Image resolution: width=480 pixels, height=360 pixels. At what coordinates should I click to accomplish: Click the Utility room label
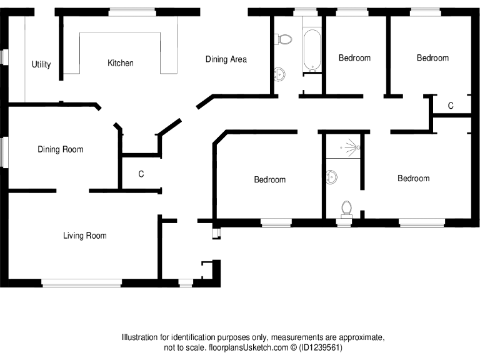click(x=41, y=64)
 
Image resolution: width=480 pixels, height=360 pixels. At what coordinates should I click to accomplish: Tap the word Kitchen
click(x=120, y=63)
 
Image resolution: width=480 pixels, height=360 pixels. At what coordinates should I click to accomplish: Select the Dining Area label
click(x=226, y=59)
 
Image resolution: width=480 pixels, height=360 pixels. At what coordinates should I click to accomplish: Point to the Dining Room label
click(x=60, y=149)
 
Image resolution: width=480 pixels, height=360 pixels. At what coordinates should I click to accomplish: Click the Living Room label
click(x=84, y=236)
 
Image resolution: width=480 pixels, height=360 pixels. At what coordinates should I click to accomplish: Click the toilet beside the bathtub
click(x=284, y=39)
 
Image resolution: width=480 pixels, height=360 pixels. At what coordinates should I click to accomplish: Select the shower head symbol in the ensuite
click(x=354, y=147)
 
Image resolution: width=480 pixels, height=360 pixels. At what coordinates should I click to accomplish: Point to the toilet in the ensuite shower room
click(x=346, y=207)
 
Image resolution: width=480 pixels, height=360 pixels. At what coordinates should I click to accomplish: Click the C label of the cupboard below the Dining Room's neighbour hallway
click(x=141, y=174)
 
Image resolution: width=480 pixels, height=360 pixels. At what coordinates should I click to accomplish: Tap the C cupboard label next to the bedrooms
click(x=451, y=106)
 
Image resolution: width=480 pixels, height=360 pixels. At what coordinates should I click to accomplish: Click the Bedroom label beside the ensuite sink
click(x=269, y=179)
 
